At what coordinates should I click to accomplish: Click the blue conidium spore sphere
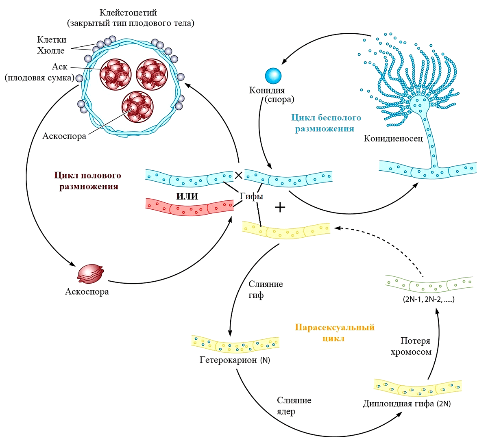point(273,76)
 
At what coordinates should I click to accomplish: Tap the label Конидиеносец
point(393,139)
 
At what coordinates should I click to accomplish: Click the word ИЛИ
point(187,197)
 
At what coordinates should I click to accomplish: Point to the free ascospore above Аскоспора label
point(91,274)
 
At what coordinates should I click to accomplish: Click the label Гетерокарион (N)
point(235,360)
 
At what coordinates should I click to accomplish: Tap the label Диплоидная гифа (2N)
point(406,404)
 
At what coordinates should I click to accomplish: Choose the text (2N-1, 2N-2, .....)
point(428,300)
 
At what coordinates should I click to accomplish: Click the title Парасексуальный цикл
point(334,332)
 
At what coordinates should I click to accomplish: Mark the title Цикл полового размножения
point(88,181)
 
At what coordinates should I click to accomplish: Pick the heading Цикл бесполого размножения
point(326,123)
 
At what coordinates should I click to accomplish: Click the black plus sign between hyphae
point(280,208)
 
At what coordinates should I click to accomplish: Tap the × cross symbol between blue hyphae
point(239,175)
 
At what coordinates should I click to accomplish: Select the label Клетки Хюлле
point(51,45)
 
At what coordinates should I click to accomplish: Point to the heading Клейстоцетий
point(128,13)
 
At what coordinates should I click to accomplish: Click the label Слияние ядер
point(294,406)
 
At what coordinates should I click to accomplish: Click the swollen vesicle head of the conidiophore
point(418,105)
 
